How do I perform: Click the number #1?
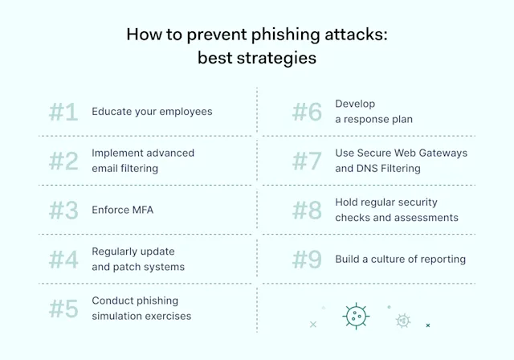[x=63, y=112]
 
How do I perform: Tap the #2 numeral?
[x=63, y=161]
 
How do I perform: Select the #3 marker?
[x=63, y=210]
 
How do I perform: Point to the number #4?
[x=63, y=259]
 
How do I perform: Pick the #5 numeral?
[x=63, y=309]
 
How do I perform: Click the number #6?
[x=307, y=112]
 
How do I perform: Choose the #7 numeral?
[x=307, y=161]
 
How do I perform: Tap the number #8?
[x=307, y=210]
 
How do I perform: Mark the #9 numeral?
[x=307, y=259]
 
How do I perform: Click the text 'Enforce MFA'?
[x=122, y=210]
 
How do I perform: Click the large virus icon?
[x=356, y=316]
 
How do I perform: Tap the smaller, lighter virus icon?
[x=402, y=321]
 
